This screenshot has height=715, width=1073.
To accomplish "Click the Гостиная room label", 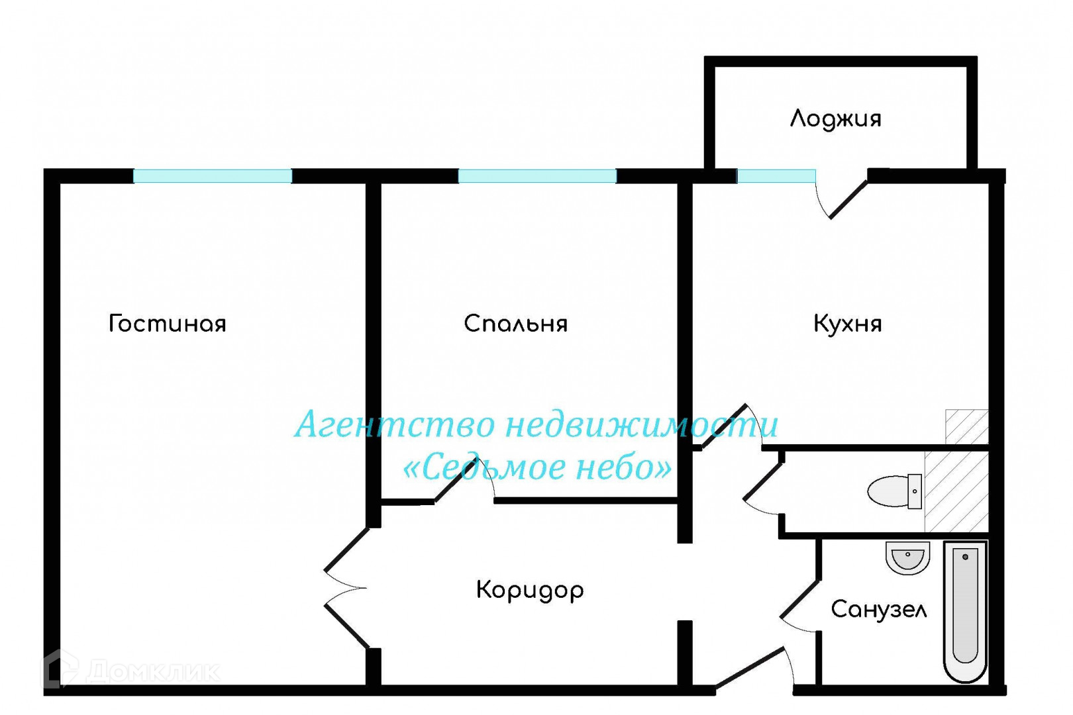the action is pos(168,324).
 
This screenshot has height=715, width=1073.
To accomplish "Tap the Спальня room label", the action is pos(515,324).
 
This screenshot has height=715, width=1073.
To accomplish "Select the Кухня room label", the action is pos(847,324).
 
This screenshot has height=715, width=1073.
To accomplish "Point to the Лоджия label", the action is pos(835,119).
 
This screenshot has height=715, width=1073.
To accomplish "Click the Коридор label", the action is pos(530,590).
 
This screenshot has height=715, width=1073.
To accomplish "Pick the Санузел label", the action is pos(878,609).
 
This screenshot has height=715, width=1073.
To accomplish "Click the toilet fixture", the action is pos(894,491).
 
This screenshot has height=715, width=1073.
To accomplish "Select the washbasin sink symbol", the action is pos(907,558).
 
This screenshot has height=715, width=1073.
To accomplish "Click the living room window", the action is pos(213,176).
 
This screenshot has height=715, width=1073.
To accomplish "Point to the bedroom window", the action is pos(537,176).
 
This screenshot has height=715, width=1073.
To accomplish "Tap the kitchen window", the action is pos(776,176).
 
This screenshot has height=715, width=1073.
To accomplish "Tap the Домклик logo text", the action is pos(152,671).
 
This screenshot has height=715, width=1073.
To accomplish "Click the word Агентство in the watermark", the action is pos(395,424).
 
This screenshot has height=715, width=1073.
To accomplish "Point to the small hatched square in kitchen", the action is pos(966,427).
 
